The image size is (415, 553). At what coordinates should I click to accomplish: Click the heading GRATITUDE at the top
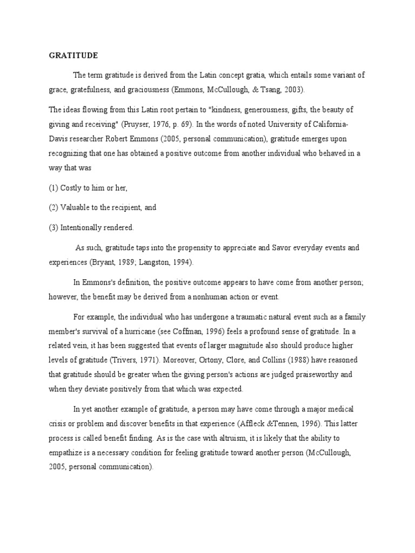[x=73, y=55]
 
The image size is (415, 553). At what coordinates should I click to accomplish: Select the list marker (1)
[x=54, y=187]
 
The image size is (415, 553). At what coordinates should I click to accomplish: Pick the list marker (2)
[x=54, y=207]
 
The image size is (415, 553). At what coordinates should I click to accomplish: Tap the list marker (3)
[x=54, y=227]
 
